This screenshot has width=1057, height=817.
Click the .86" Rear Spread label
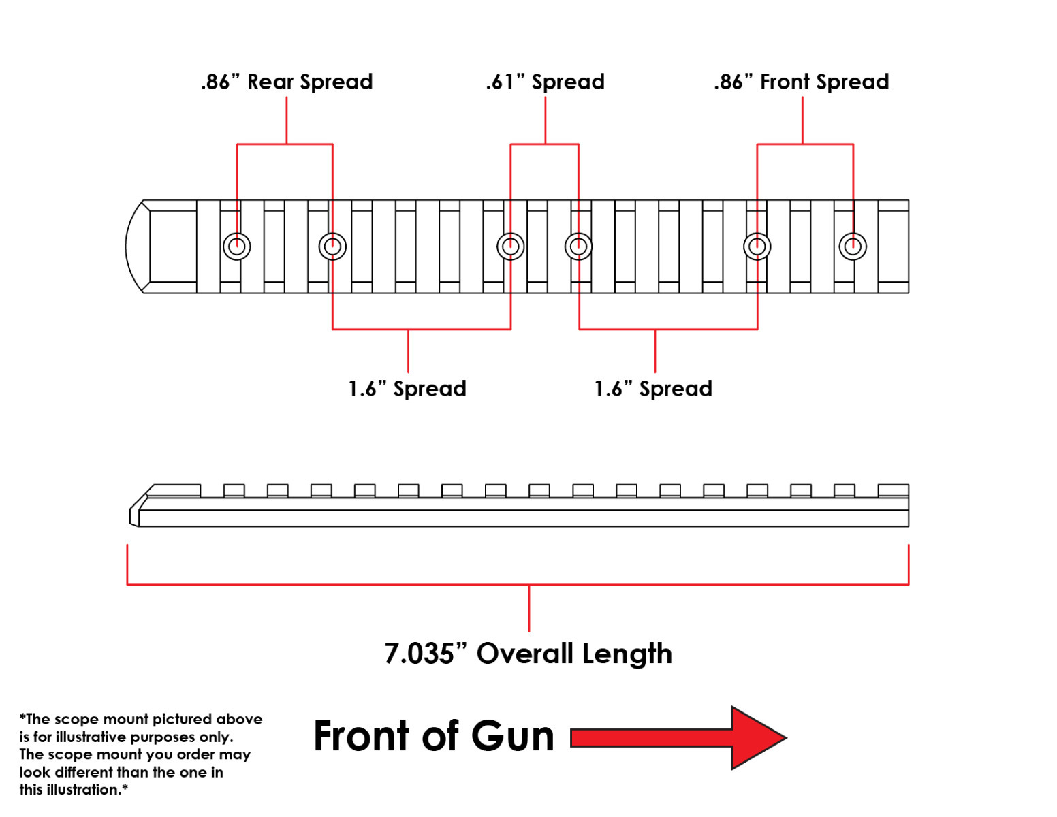[287, 82]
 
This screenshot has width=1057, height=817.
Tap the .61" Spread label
[546, 82]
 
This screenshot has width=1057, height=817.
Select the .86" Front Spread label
[801, 82]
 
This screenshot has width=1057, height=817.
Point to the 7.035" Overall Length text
[528, 654]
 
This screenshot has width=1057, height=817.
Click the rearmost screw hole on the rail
[237, 246]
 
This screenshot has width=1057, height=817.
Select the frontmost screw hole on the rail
[853, 246]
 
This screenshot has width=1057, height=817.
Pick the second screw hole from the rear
[333, 246]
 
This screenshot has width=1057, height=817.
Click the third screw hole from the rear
[511, 246]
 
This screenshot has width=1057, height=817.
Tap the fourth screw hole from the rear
[578, 246]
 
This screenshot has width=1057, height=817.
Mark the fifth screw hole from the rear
[757, 246]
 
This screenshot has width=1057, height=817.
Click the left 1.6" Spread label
[407, 389]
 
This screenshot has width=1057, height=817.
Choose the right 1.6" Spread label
[653, 389]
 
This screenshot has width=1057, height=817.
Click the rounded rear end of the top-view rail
[127, 246]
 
